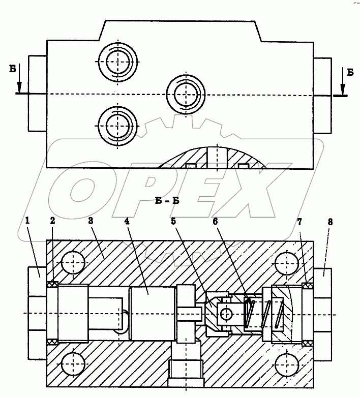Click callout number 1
(x=27, y=221)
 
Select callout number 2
(x=52, y=221)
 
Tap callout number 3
(x=91, y=221)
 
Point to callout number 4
(x=127, y=221)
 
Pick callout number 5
(x=173, y=221)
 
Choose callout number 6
(x=215, y=221)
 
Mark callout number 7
(x=299, y=222)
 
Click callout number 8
(x=330, y=222)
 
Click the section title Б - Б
(x=167, y=201)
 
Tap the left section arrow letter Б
(x=13, y=69)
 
